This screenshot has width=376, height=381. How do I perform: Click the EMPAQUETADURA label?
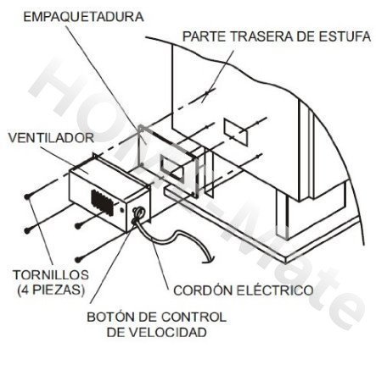(83, 17)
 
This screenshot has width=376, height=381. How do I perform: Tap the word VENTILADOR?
(51, 138)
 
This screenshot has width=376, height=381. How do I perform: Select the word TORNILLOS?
(51, 275)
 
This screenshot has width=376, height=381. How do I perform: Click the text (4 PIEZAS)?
(51, 290)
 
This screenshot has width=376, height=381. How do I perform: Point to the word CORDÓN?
(203, 290)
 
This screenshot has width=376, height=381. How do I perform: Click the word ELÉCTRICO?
(275, 290)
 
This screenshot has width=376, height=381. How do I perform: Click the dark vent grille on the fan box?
(102, 202)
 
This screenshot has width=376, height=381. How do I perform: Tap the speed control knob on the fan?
(138, 213)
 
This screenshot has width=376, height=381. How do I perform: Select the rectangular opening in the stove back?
(236, 132)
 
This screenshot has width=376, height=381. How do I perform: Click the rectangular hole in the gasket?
(171, 168)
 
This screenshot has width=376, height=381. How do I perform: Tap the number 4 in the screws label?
(25, 290)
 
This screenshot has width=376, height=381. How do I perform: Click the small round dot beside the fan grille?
(122, 210)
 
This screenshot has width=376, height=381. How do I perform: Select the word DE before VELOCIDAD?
(116, 333)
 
